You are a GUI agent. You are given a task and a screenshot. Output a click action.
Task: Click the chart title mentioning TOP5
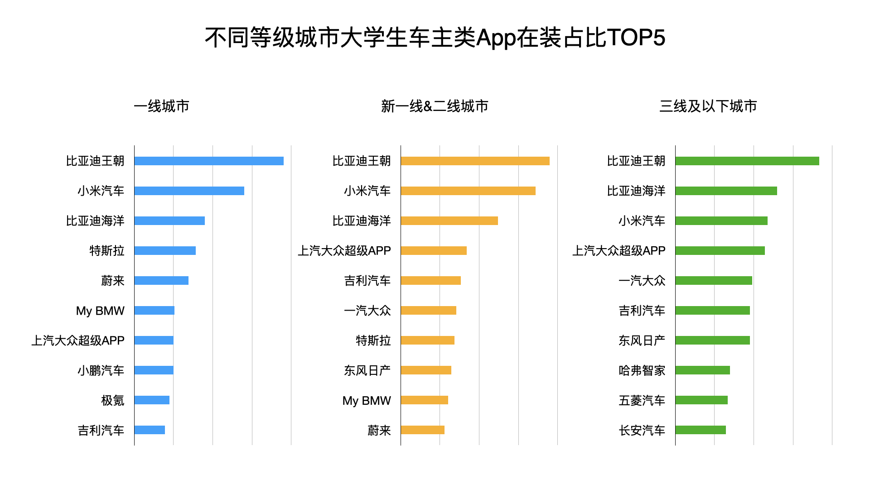(435, 38)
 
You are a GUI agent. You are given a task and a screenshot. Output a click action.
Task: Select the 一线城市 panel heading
(162, 106)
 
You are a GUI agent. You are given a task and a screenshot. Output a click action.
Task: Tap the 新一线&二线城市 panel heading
(435, 106)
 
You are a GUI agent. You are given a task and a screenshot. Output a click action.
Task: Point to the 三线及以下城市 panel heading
(708, 106)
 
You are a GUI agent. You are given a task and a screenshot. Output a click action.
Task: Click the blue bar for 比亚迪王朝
(209, 161)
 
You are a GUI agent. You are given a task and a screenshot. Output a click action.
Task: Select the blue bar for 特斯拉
(165, 250)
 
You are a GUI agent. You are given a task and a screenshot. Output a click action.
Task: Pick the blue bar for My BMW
(155, 310)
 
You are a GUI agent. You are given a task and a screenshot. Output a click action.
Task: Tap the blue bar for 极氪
(152, 400)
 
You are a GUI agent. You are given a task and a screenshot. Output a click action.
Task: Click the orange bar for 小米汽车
(468, 191)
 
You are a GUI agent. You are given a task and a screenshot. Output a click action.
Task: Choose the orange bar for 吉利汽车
(431, 280)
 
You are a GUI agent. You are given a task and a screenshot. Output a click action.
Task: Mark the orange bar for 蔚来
(423, 430)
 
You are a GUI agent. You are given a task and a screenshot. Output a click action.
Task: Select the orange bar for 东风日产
(426, 370)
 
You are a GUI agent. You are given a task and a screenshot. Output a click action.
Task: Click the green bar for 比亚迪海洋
(726, 191)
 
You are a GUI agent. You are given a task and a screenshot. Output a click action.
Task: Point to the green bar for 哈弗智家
(702, 370)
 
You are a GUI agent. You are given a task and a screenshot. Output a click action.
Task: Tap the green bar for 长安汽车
(701, 430)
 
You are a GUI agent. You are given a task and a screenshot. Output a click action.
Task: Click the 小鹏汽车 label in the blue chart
(101, 370)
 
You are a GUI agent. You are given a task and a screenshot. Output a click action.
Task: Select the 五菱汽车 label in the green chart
(642, 400)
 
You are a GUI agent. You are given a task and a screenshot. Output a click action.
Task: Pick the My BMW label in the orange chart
(367, 400)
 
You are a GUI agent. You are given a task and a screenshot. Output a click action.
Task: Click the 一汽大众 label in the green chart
(642, 281)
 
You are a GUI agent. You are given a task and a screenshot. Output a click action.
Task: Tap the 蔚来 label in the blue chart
(112, 281)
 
